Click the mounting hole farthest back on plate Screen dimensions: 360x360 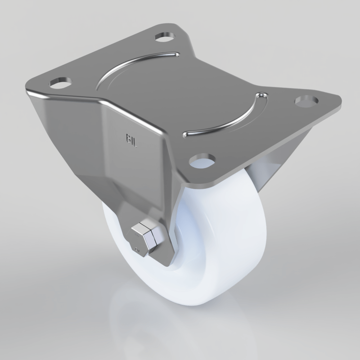click(x=165, y=37)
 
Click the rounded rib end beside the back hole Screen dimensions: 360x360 click(x=176, y=55)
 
